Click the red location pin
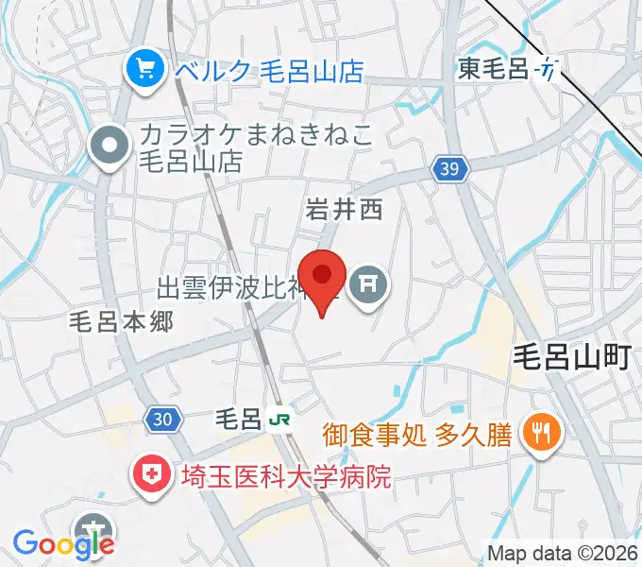point(323,278)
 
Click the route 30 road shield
point(161,418)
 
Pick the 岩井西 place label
point(344,210)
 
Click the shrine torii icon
point(366,283)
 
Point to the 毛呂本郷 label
point(121,321)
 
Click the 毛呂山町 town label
point(572,357)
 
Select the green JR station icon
point(279,417)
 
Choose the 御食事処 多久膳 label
point(416,434)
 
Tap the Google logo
point(62,543)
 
